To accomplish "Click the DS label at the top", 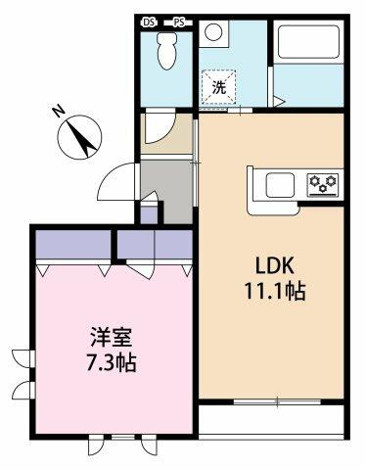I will pos(150,20).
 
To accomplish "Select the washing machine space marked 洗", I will pos(220,87).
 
